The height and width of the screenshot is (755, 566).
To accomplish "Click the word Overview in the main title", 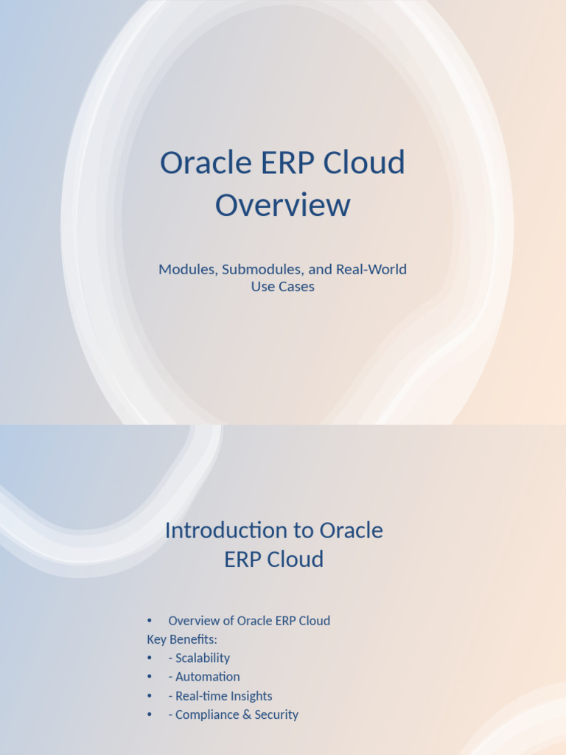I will (282, 205).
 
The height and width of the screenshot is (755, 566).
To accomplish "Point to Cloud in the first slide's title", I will (366, 163).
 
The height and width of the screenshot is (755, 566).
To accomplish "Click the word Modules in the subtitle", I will (187, 269).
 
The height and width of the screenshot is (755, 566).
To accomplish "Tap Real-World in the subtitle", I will (371, 269).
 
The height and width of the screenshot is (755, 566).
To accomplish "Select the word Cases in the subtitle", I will (296, 287).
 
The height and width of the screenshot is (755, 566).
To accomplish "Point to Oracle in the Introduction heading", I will (351, 530).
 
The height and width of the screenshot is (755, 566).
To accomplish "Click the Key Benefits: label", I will (182, 639).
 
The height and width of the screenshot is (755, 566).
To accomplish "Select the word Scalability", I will (203, 658).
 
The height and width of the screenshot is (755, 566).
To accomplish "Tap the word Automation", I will (208, 677).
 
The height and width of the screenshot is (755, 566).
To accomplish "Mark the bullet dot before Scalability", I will (150, 658).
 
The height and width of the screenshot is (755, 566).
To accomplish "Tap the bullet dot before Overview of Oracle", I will (150, 621).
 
